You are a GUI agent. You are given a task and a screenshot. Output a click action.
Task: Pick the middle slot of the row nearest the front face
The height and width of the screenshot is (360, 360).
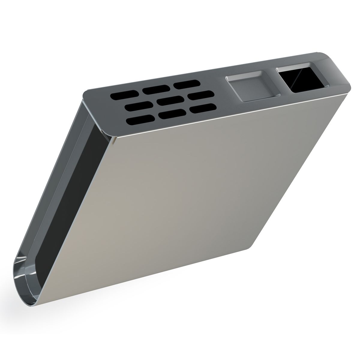[172, 114]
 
